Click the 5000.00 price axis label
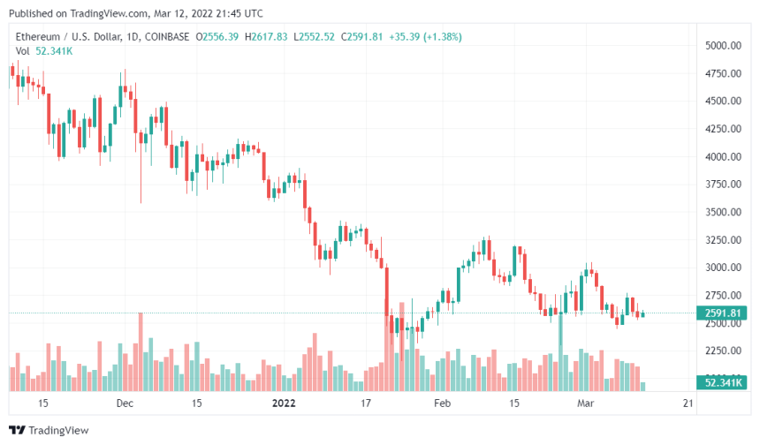pos(722,46)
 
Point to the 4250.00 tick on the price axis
pos(722,129)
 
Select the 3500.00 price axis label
pos(722,212)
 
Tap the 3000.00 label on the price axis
pos(722,268)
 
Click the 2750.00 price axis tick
pos(722,295)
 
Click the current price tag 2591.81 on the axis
pos(722,313)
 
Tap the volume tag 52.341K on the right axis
pos(722,382)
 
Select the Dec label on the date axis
pos(125,404)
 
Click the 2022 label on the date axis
pos(284,404)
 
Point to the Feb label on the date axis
pos(443,404)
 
